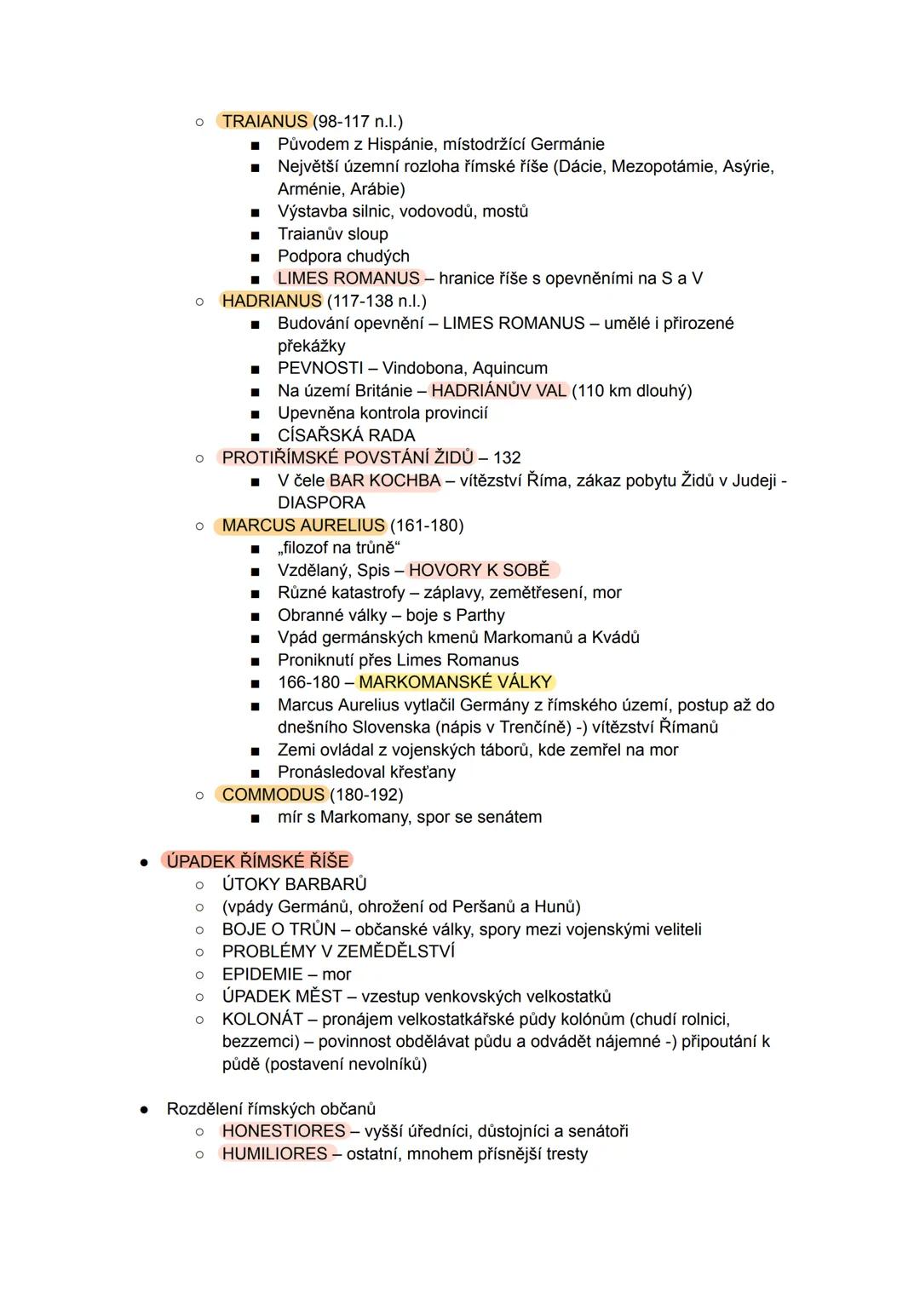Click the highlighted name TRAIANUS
pos(264,122)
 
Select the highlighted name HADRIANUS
pos(271,301)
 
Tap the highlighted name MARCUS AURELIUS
pos(303,526)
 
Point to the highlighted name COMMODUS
pos(273,795)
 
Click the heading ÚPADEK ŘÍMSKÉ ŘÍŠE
pos(257,861)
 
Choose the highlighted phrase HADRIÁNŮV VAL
pos(499,391)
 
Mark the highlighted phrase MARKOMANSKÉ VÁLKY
pos(456,682)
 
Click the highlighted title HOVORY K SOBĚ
pos(480,571)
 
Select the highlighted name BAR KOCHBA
pos(384,481)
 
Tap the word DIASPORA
pos(321,503)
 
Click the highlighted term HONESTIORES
pos(284,1131)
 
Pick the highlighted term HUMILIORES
pos(274,1154)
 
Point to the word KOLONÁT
pos(262,1020)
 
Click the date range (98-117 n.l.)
pos(359,122)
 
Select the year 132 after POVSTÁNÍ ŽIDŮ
pos(507,458)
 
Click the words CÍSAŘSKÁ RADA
pos(346,436)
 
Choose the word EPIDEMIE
pos(262,974)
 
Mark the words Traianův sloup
pos(332,234)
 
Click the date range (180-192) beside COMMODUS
pos(366,795)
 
